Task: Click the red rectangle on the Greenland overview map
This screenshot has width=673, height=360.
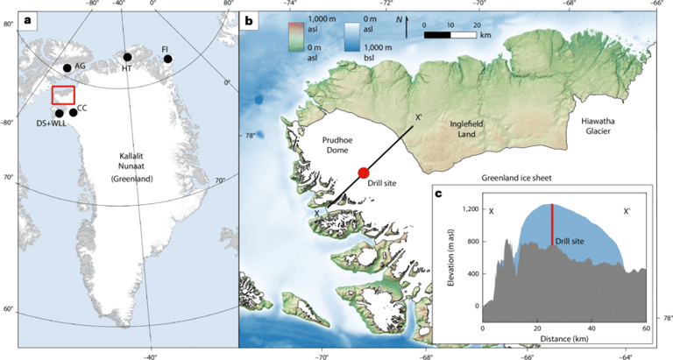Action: [63, 95]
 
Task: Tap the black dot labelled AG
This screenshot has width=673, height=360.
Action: [67, 68]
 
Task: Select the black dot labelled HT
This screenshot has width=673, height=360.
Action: [128, 57]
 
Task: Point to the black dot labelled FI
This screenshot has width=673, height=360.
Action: [167, 60]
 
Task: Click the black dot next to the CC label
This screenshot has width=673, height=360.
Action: [73, 113]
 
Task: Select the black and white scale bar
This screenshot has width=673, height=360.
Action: [450, 35]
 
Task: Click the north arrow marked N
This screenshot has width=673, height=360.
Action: [406, 26]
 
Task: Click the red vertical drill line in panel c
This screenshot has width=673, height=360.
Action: [552, 225]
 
